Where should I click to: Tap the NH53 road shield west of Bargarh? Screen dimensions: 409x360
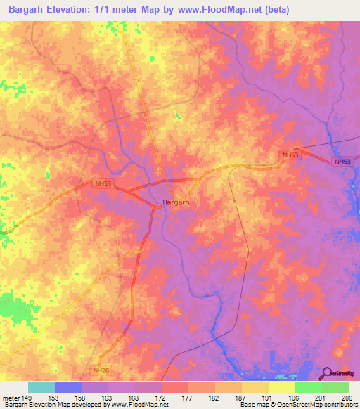(103, 183)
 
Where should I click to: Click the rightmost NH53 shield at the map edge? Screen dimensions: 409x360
(342, 162)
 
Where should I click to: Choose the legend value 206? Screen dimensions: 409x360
(345, 397)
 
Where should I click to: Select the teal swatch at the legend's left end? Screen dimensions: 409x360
(41, 387)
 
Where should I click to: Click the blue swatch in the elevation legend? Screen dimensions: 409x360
(67, 387)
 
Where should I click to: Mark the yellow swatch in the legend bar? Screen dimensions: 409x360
(281, 387)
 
